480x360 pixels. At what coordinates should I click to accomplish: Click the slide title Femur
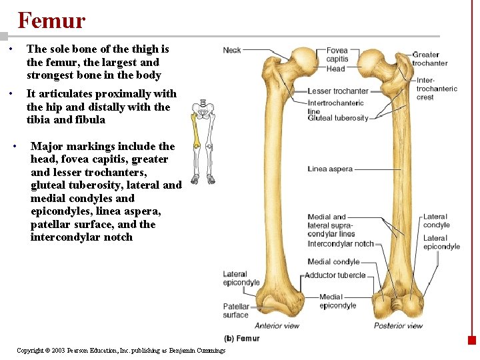tap(51, 21)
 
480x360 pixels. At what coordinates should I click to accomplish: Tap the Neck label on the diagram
tap(232, 50)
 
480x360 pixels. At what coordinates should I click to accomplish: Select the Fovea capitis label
tap(337, 55)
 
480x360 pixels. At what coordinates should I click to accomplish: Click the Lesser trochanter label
tap(338, 91)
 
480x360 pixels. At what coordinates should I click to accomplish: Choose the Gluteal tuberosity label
tap(338, 118)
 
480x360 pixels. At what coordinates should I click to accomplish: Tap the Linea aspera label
tap(330, 169)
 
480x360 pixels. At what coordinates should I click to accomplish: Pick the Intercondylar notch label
tap(341, 244)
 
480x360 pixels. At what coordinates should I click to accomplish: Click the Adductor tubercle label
tap(335, 275)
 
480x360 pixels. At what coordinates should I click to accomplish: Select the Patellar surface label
tap(235, 311)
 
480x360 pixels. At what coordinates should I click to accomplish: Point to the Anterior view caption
tap(277, 326)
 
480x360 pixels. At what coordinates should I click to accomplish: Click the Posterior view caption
tap(398, 326)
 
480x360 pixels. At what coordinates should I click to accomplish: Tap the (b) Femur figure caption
tap(241, 339)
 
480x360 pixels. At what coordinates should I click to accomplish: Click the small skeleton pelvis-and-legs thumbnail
tap(203, 141)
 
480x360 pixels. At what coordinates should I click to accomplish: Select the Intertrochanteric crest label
tap(437, 89)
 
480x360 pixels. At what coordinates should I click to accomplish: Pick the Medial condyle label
tap(333, 262)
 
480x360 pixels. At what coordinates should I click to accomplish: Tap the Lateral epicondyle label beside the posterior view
tap(441, 242)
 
